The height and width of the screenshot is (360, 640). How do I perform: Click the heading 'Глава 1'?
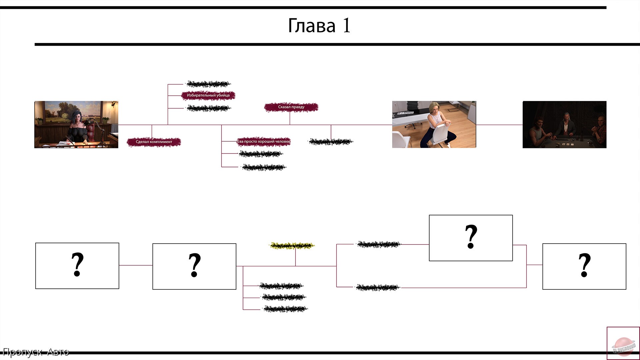[x=319, y=26]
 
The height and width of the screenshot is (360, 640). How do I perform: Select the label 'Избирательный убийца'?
[x=208, y=95]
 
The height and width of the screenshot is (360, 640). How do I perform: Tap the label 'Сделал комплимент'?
[x=154, y=142]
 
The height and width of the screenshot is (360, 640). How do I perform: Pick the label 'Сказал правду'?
[x=291, y=107]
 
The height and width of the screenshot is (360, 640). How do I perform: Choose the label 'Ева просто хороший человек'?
[x=264, y=141]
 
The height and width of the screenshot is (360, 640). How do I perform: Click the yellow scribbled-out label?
[x=292, y=246]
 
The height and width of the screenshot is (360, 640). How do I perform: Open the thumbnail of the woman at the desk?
[x=76, y=124]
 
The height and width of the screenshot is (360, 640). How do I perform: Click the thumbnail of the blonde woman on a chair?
[x=434, y=124]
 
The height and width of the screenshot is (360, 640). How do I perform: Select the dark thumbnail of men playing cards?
[x=564, y=124]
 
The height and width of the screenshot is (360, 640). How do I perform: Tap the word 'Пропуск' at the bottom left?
[x=22, y=352]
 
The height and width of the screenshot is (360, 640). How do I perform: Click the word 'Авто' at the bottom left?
[x=58, y=352]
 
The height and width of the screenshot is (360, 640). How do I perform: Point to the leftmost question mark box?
[x=77, y=266]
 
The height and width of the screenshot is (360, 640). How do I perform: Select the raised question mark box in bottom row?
[x=471, y=238]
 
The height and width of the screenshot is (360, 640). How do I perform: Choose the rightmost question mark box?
[x=584, y=266]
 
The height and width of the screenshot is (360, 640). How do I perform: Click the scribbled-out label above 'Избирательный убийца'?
[x=208, y=84]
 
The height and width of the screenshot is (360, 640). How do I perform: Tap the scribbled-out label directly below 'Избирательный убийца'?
[x=208, y=108]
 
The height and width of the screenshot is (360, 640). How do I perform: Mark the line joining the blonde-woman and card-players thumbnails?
[x=499, y=125]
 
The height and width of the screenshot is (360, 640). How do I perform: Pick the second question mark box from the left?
[x=194, y=266]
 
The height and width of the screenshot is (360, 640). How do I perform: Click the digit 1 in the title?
[x=347, y=26]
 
